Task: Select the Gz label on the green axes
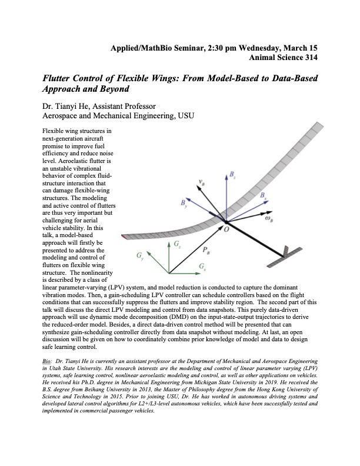click(177, 242)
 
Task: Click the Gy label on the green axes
click(139, 257)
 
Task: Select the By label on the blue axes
click(185, 204)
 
